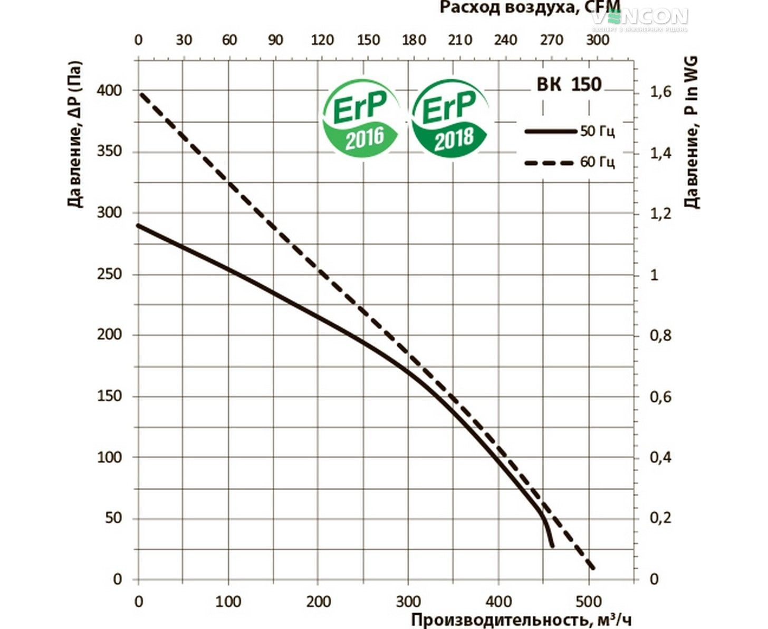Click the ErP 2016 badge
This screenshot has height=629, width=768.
tap(362, 117)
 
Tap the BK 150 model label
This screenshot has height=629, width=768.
tap(569, 85)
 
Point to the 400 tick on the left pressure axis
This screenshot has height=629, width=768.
tap(109, 91)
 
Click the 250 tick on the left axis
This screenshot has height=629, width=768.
tap(109, 274)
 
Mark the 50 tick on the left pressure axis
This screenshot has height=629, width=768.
tap(113, 518)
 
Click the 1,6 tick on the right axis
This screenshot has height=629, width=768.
tap(660, 92)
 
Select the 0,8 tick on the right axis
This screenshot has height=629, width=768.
tap(660, 335)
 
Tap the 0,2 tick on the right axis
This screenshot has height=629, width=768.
tap(660, 518)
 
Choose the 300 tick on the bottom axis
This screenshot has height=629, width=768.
tap(409, 601)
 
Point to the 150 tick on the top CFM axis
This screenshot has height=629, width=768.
tap(368, 40)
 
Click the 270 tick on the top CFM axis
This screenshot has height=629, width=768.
tap(552, 40)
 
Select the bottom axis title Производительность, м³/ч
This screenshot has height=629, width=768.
tap(521, 620)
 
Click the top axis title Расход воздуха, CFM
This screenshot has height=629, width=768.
tap(530, 8)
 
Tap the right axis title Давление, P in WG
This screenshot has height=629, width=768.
tap(692, 132)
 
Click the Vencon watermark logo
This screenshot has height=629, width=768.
tap(639, 18)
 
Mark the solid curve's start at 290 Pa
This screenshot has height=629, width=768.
tap(139, 226)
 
